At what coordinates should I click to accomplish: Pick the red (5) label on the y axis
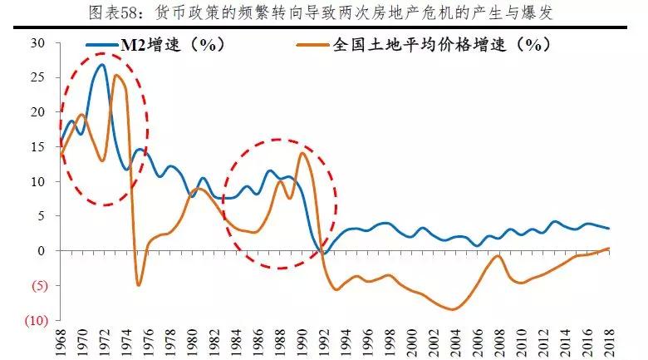35,285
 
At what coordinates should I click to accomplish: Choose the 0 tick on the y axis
40,251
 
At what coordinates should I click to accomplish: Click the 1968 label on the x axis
61,341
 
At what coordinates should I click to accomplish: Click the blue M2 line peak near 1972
102,65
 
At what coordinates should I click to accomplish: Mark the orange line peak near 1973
116,76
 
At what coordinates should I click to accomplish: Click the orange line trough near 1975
138,285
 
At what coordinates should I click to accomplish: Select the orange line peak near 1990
302,153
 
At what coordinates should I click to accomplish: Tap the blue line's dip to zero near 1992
323,252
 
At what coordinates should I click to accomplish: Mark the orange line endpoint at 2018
608,248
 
